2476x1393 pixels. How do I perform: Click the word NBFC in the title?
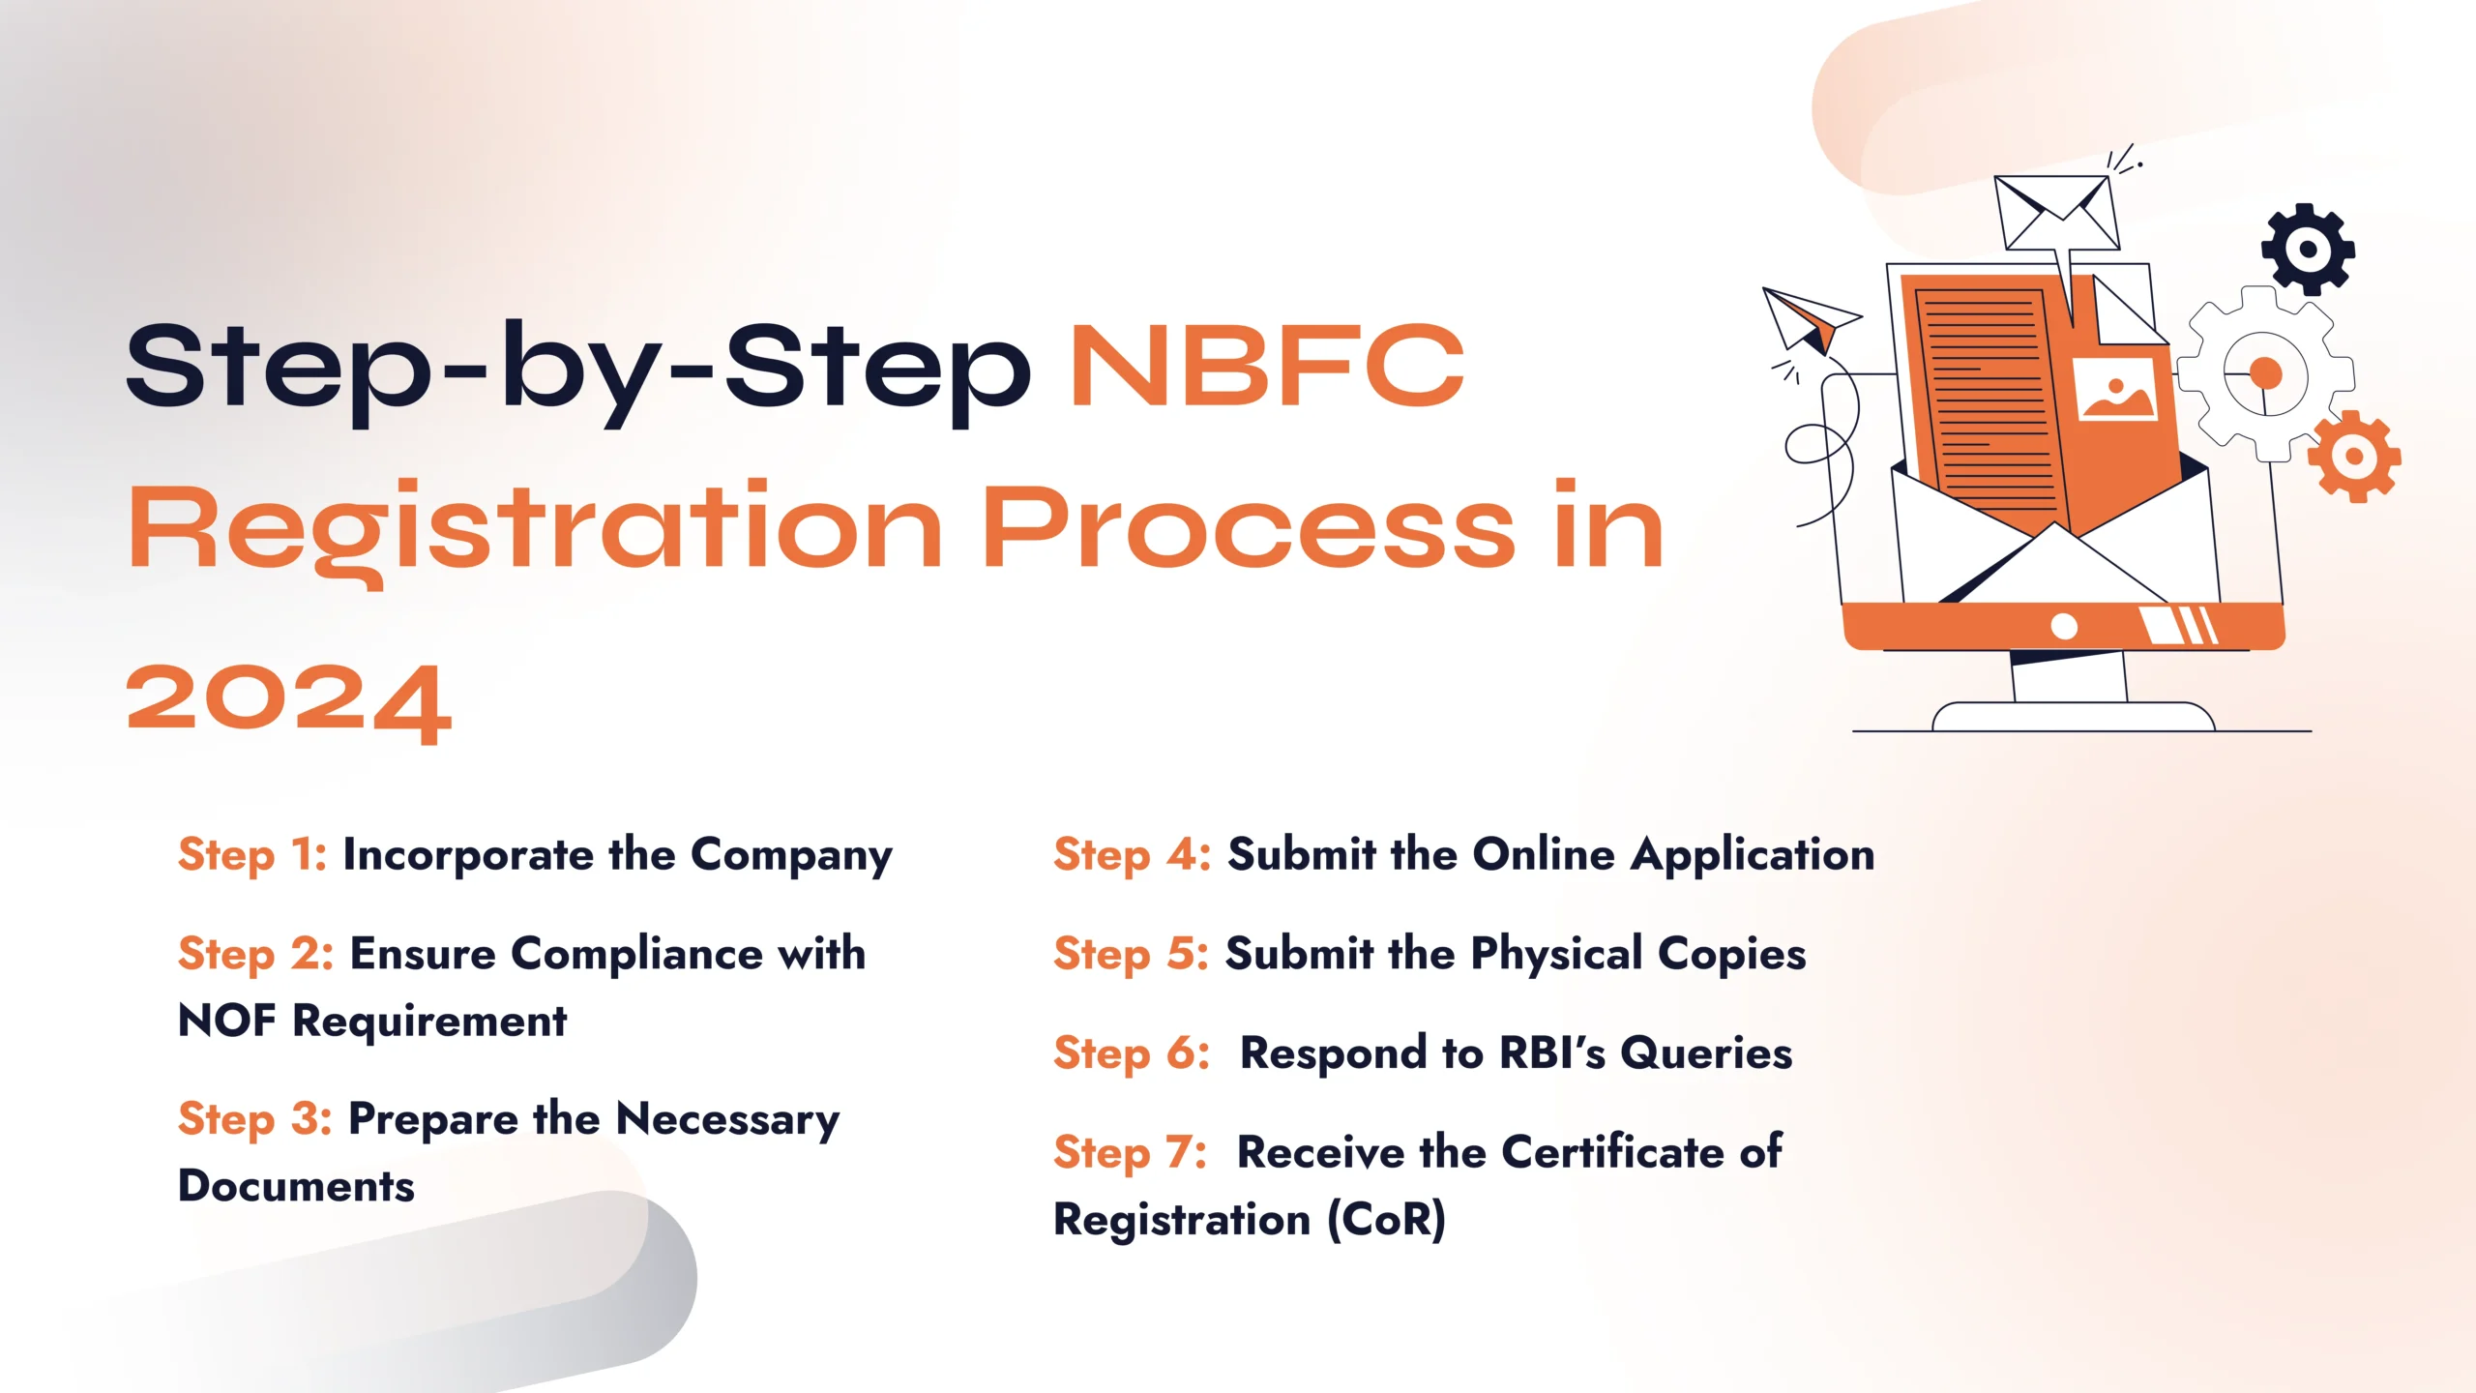pyautogui.click(x=1267, y=367)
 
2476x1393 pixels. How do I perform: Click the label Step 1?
pyautogui.click(x=252, y=855)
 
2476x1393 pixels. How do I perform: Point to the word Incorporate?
pyautogui.click(x=468, y=855)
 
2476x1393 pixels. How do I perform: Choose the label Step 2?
pyautogui.click(x=255, y=954)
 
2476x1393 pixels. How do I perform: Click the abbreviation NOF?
pyautogui.click(x=226, y=1021)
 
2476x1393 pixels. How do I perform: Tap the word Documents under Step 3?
pyautogui.click(x=296, y=1186)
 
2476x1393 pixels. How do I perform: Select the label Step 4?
pyautogui.click(x=1132, y=855)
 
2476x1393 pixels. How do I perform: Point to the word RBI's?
pyautogui.click(x=1551, y=1052)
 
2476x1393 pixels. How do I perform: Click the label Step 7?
pyautogui.click(x=1130, y=1152)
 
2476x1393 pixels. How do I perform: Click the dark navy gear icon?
pyautogui.click(x=2308, y=250)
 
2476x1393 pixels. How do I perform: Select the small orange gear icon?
pyautogui.click(x=2353, y=456)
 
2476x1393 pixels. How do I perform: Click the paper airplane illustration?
pyautogui.click(x=1806, y=319)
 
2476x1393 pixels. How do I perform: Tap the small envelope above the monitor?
pyautogui.click(x=2056, y=213)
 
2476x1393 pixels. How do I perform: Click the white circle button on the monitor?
pyautogui.click(x=2064, y=626)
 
